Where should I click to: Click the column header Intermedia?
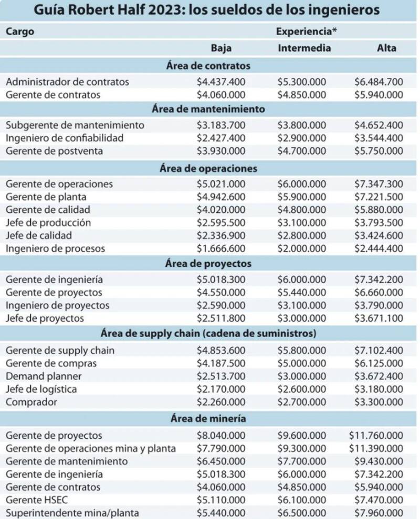[304, 48]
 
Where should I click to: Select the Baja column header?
[221, 48]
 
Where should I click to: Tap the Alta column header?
[386, 48]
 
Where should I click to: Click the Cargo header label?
[20, 31]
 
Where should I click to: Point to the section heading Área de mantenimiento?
[208, 110]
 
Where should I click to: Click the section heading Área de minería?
[208, 419]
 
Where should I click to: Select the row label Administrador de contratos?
[67, 82]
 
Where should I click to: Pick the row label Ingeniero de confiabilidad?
[65, 138]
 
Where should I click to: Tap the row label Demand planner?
[44, 376]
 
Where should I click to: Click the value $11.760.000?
[375, 436]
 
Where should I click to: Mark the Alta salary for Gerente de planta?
[379, 197]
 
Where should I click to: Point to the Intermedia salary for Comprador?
[302, 402]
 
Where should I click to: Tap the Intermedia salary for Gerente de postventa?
[302, 151]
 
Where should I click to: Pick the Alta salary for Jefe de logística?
[379, 390]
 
